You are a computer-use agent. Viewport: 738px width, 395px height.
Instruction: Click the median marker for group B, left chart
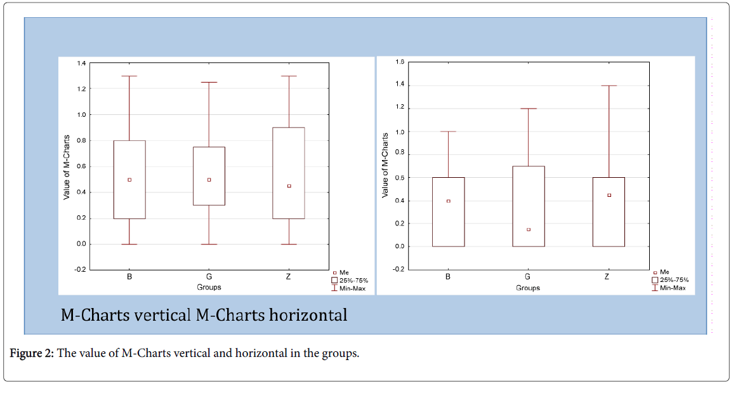(x=129, y=180)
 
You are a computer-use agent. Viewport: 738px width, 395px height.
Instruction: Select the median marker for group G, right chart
(x=528, y=229)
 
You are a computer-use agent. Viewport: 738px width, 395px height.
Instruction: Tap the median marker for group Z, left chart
(x=289, y=186)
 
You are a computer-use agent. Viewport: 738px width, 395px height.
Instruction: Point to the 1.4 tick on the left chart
(x=81, y=64)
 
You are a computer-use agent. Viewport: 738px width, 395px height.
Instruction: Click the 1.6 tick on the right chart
(x=400, y=62)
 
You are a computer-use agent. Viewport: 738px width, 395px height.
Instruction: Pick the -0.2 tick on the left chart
(x=81, y=270)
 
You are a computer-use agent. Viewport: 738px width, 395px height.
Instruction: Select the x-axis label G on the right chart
(x=527, y=278)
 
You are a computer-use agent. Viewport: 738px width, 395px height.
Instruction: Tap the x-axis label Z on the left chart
(x=288, y=278)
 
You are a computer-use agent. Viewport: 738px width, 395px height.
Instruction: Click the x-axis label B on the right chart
(x=448, y=278)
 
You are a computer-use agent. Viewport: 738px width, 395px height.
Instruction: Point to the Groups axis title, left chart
(x=209, y=288)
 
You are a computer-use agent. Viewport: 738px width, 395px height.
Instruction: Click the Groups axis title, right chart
(x=527, y=288)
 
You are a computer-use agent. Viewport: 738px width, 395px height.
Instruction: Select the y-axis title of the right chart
(x=385, y=165)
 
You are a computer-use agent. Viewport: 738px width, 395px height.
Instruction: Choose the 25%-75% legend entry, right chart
(x=670, y=280)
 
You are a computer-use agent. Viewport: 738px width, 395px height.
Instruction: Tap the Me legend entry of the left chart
(x=343, y=272)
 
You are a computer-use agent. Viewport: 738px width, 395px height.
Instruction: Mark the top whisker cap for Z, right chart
(x=609, y=86)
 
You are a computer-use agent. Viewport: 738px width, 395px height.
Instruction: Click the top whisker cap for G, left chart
(x=209, y=82)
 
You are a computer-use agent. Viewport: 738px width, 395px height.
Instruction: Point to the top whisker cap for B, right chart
(x=448, y=131)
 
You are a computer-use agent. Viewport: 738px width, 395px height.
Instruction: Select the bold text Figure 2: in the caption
(x=31, y=354)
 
